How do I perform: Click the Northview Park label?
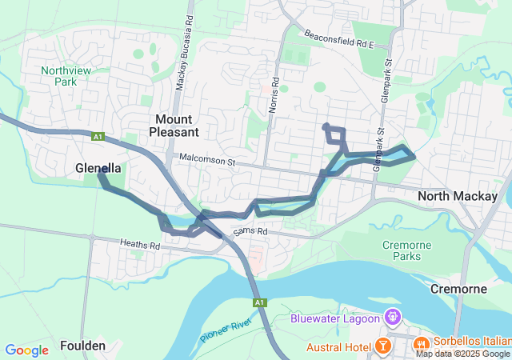click(63, 76)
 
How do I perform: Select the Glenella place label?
click(98, 169)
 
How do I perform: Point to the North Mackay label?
click(458, 196)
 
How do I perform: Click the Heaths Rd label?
click(140, 243)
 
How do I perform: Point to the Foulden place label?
click(82, 346)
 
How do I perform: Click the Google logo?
click(26, 350)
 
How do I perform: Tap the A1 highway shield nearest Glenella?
click(99, 137)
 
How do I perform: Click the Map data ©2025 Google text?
click(462, 354)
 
